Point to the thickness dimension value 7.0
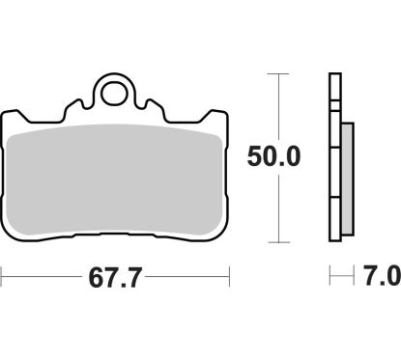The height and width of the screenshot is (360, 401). [380, 280]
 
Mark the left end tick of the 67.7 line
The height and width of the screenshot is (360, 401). [2, 280]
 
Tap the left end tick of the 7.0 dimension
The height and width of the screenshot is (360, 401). [330, 280]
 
